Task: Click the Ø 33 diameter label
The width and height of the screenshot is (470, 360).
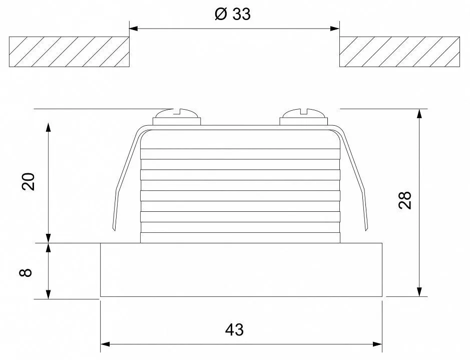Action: tap(233, 14)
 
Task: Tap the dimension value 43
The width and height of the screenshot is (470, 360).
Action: tap(234, 330)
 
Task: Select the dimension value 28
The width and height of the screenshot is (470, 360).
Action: tap(405, 200)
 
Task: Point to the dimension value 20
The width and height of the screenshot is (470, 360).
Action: tap(29, 181)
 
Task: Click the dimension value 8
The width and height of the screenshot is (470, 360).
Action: tap(26, 272)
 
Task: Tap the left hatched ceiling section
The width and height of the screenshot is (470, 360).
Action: tap(69, 52)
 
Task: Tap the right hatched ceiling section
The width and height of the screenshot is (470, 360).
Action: tap(399, 52)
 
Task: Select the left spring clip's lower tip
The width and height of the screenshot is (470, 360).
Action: tap(114, 230)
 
